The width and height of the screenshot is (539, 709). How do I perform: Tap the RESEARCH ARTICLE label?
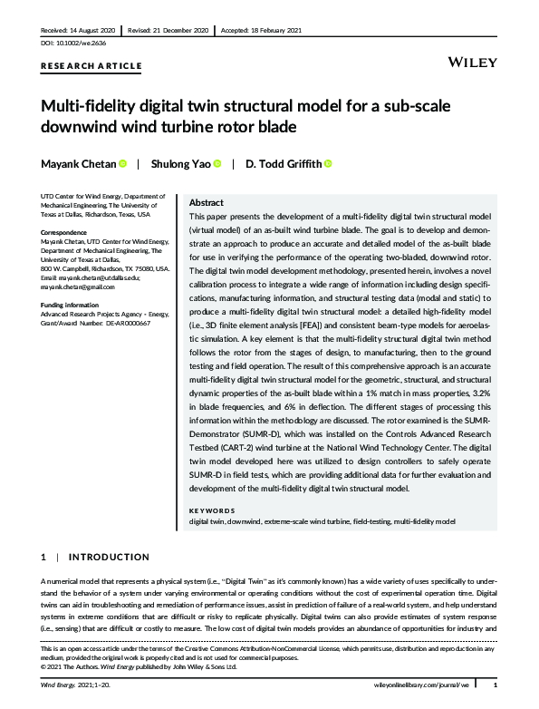pos(91,66)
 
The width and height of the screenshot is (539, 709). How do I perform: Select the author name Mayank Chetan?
pos(78,164)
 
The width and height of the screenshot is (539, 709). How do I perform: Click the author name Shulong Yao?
pos(180,164)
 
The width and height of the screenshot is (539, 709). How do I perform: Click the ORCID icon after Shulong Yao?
pos(218,164)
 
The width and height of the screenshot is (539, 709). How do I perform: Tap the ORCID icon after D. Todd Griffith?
pos(328,164)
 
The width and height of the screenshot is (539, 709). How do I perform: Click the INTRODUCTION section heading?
pos(110,557)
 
